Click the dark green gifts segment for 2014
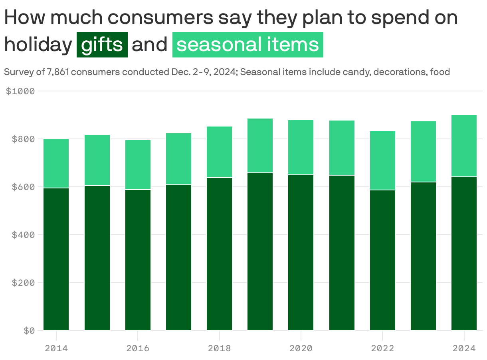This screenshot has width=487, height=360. pyautogui.click(x=56, y=259)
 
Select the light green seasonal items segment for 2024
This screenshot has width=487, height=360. pyautogui.click(x=464, y=146)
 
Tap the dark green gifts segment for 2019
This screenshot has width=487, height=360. pyautogui.click(x=260, y=251)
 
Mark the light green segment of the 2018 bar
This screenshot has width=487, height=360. pyautogui.click(x=219, y=152)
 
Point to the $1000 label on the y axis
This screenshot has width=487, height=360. pyautogui.click(x=20, y=91)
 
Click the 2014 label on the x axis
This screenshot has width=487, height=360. pyautogui.click(x=56, y=348)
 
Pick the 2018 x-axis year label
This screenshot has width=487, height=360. pyautogui.click(x=219, y=348)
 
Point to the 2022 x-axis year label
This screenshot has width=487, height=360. pyautogui.click(x=382, y=348)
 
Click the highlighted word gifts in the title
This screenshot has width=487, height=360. pyautogui.click(x=102, y=45)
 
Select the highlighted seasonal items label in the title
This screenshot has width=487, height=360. pyautogui.click(x=247, y=45)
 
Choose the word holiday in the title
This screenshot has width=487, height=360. pyautogui.click(x=38, y=45)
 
